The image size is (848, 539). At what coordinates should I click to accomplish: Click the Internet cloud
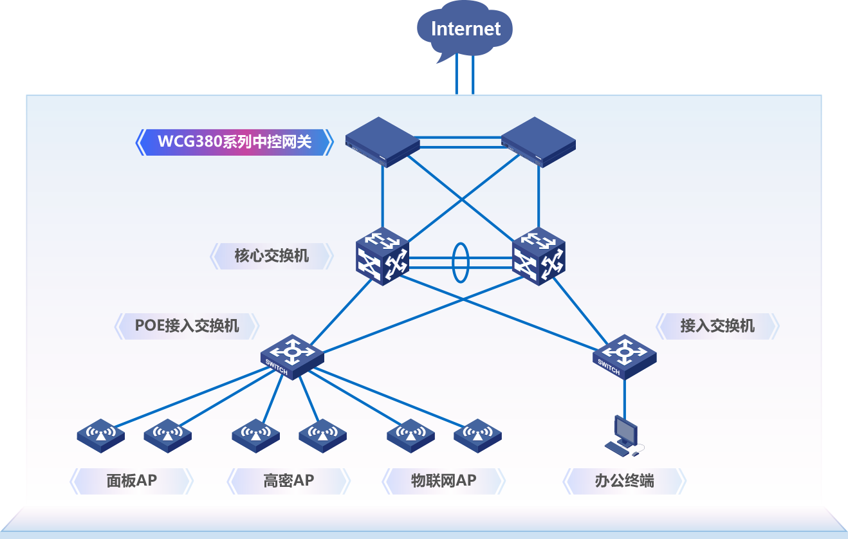point(465,29)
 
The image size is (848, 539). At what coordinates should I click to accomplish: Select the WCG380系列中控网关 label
point(234,142)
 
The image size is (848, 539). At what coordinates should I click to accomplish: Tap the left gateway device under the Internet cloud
point(382,143)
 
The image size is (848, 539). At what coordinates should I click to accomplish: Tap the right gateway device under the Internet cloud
point(538,143)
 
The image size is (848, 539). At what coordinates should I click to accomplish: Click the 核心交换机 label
point(272,256)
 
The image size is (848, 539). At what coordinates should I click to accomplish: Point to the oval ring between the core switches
point(460,262)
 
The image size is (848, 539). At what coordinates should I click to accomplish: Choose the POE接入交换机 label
point(187,326)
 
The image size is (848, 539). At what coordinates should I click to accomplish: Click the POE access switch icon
point(292,357)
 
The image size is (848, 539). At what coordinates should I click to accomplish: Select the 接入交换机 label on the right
point(717,326)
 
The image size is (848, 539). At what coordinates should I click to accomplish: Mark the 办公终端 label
point(624,480)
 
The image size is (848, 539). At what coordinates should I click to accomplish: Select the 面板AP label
point(131,480)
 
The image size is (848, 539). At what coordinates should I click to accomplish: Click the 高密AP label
point(288,480)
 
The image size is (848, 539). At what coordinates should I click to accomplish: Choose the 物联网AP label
point(443,480)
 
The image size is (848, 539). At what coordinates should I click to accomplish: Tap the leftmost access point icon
point(100,435)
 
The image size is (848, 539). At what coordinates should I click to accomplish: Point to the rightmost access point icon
point(477,435)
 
